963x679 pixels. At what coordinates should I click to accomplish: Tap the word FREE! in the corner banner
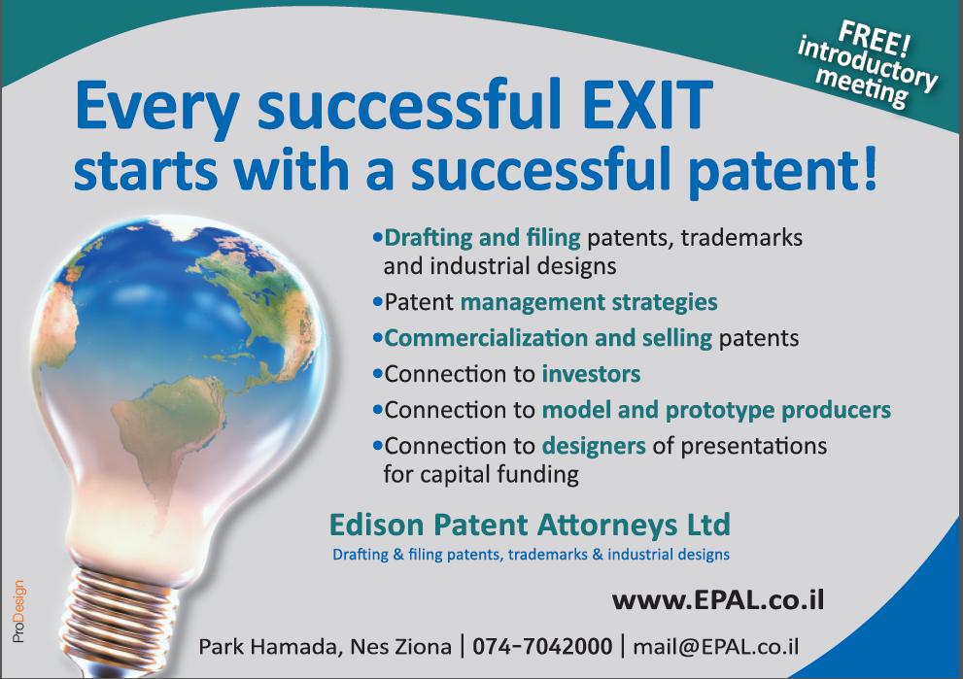pyautogui.click(x=877, y=39)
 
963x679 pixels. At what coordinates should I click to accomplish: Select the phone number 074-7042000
pyautogui.click(x=542, y=646)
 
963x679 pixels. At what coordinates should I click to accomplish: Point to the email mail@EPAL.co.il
pyautogui.click(x=715, y=647)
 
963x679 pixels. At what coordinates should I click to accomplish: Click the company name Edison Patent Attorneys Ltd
pyautogui.click(x=530, y=525)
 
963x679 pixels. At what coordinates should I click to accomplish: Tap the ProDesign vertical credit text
pyautogui.click(x=18, y=611)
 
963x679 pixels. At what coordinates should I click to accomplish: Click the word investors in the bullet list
pyautogui.click(x=591, y=374)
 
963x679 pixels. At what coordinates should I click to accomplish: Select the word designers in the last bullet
pyautogui.click(x=594, y=446)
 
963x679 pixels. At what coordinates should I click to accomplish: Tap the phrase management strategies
pyautogui.click(x=589, y=303)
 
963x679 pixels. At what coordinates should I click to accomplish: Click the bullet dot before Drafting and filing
pyautogui.click(x=377, y=237)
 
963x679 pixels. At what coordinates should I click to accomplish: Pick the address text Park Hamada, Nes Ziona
pyautogui.click(x=325, y=647)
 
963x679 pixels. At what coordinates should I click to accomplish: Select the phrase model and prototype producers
pyautogui.click(x=716, y=411)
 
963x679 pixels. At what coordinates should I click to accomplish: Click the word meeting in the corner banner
pyautogui.click(x=862, y=89)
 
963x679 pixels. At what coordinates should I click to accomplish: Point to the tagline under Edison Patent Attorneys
pyautogui.click(x=531, y=555)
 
